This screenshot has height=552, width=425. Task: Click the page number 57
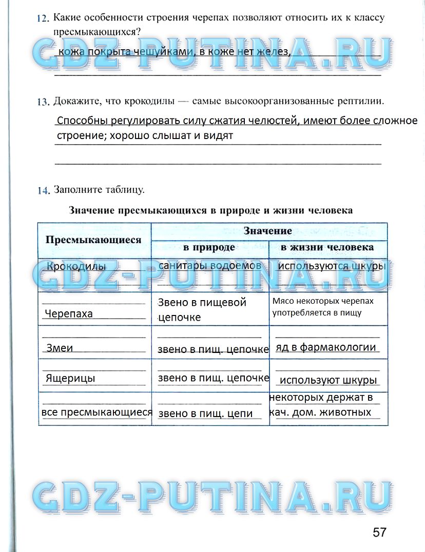(x=379, y=532)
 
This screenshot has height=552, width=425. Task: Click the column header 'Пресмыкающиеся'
(x=93, y=240)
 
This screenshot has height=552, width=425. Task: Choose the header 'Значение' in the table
(x=268, y=231)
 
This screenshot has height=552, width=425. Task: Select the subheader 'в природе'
(x=209, y=247)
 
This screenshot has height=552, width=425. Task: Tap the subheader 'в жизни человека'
(x=327, y=247)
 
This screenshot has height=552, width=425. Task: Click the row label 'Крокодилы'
(x=76, y=267)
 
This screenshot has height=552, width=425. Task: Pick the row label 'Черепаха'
(x=69, y=314)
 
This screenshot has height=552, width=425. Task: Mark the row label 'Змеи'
(x=60, y=348)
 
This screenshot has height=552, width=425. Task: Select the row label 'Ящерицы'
(x=70, y=379)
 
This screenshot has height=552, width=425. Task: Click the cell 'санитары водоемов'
(x=209, y=266)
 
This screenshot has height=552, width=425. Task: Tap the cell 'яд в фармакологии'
(x=326, y=347)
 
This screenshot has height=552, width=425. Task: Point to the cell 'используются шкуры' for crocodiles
(x=331, y=267)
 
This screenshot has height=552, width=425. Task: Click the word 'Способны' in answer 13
(x=82, y=122)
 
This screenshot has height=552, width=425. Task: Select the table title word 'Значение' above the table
(x=91, y=210)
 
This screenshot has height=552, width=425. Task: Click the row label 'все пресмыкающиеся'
(x=97, y=412)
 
